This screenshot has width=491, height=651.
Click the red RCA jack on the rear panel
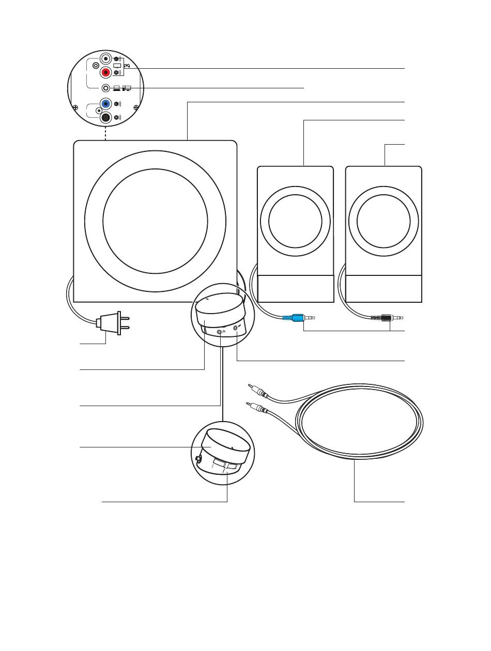106,72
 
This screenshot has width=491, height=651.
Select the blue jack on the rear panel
105,103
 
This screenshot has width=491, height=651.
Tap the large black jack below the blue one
106,118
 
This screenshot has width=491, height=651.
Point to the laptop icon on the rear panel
117,87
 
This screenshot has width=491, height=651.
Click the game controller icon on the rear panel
127,66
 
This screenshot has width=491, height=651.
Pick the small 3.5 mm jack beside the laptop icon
106,88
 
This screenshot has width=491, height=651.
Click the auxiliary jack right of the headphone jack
236,327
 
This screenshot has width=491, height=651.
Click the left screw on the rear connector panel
75,107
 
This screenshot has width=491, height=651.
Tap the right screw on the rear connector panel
136,107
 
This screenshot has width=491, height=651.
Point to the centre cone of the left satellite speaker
295,221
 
